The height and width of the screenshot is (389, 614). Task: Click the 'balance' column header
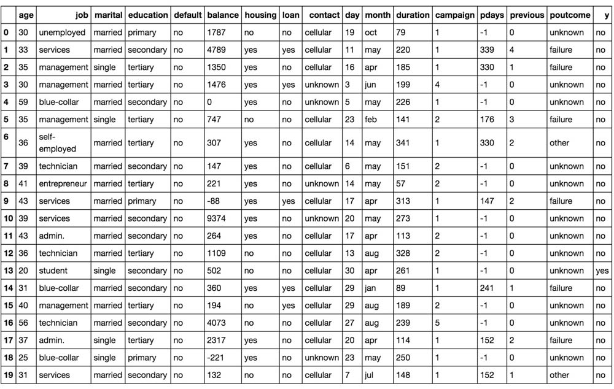[223, 15]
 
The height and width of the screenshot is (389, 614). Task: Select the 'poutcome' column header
[570, 15]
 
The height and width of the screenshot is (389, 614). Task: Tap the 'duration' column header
[413, 15]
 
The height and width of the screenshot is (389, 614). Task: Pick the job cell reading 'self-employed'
[58, 143]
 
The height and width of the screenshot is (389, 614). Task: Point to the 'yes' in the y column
[602, 271]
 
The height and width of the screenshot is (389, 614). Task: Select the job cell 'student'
[53, 271]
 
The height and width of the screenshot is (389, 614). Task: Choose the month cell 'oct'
[371, 33]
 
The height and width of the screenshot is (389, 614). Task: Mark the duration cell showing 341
[403, 143]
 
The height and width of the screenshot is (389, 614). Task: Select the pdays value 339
[487, 50]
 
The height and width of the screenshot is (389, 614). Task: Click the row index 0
[6, 33]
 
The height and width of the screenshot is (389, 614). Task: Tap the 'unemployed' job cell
[62, 33]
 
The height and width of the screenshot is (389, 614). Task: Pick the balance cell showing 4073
[217, 323]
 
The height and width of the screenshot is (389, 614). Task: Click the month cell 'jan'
[370, 288]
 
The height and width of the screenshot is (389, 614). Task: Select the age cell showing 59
[23, 102]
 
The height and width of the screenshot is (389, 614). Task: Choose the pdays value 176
[487, 120]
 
